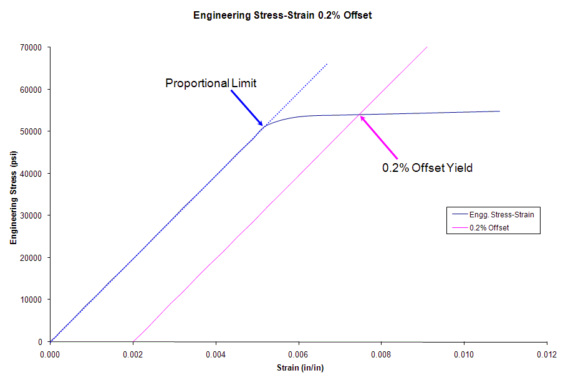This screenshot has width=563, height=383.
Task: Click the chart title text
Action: (282, 16)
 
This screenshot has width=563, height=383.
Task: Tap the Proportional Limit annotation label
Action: (211, 83)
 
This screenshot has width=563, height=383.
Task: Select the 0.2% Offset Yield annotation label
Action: (427, 168)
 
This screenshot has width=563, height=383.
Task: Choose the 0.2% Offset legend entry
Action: (490, 228)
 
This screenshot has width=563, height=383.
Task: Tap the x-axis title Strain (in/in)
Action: (300, 367)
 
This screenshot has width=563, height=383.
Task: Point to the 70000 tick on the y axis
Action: (31, 47)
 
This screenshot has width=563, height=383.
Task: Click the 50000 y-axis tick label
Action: (31, 131)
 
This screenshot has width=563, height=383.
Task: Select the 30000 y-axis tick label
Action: (31, 215)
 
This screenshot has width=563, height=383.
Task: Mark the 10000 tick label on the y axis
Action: (31, 300)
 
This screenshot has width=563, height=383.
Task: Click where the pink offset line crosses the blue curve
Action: (360, 115)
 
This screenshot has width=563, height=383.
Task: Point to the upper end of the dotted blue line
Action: (327, 64)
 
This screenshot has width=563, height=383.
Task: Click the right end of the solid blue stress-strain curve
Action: (499, 111)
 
